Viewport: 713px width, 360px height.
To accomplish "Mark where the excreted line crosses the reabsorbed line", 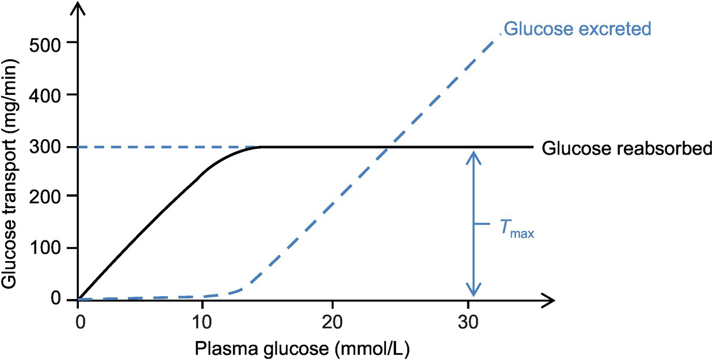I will (389, 147).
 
